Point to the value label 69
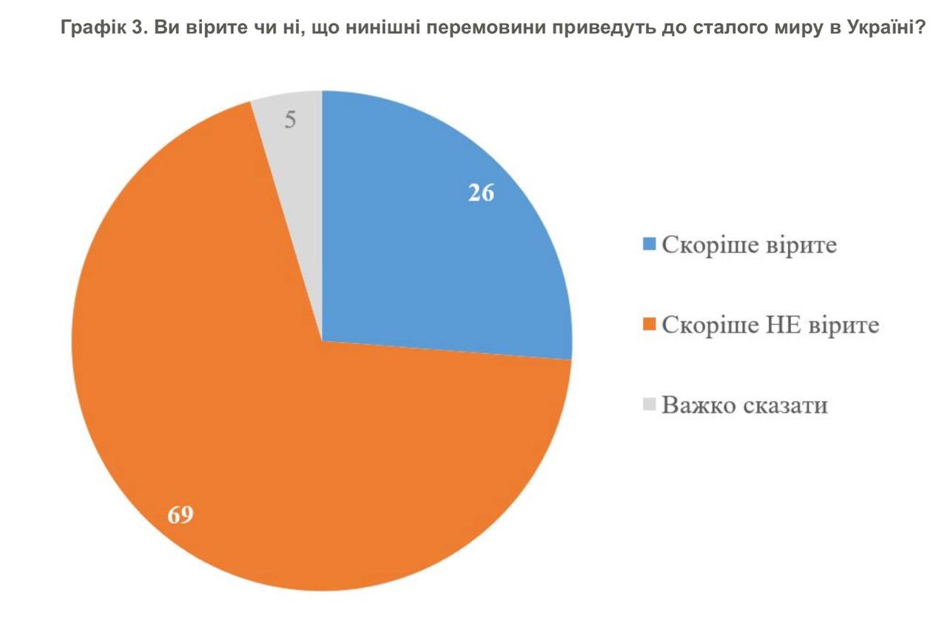coord(180,514)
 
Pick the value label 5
coord(291,120)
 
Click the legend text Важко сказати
coord(744,405)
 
